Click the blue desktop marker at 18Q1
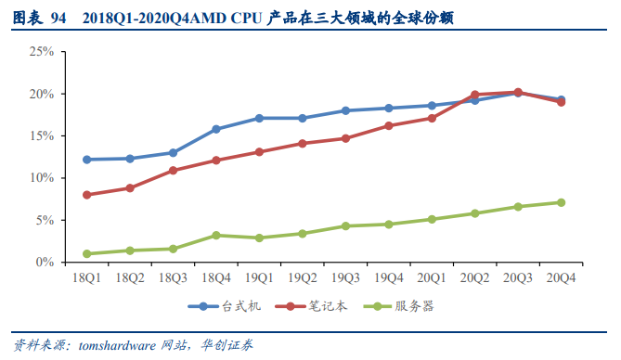click(87, 160)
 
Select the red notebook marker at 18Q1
click(87, 195)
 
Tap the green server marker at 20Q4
click(561, 202)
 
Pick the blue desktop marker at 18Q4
click(216, 129)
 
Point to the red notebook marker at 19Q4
click(388, 125)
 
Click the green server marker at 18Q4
click(216, 235)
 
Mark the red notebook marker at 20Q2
click(474, 95)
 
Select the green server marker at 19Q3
click(345, 225)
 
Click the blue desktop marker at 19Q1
click(259, 118)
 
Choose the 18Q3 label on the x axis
click(173, 277)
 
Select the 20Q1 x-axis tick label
click(432, 277)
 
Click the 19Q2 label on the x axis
click(302, 277)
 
